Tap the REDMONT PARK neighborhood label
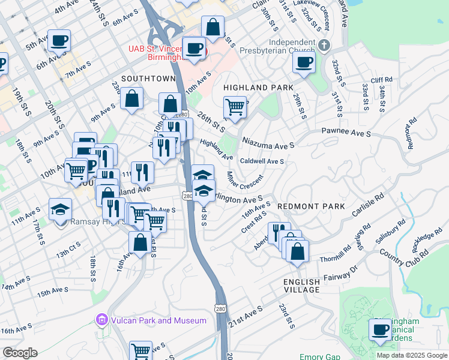[x=310, y=206]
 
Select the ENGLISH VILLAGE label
[x=301, y=285]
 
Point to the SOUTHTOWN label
[x=148, y=79]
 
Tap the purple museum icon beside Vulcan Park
[x=101, y=320]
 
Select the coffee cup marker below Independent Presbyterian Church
[x=304, y=62]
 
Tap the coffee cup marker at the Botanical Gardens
[x=379, y=330]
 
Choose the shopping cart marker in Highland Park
[x=235, y=107]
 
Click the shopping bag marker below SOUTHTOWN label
[x=131, y=98]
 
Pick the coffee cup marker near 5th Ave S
[x=59, y=41]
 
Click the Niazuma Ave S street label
[x=268, y=142]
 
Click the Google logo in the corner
[x=20, y=353]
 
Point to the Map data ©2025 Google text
[x=411, y=355]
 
